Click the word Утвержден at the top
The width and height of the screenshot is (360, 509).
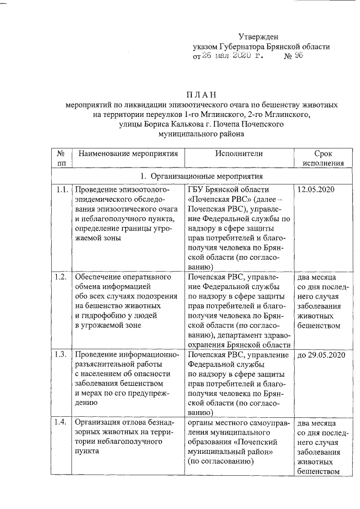tap(258, 37)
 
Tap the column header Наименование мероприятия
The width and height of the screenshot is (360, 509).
tap(128, 154)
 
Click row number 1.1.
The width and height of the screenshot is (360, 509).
tap(62, 190)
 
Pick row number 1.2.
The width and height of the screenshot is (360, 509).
tap(62, 277)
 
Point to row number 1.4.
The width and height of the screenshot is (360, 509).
tap(62, 422)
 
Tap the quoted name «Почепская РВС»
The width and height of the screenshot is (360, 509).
tap(217, 200)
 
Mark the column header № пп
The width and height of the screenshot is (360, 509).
tap(61, 159)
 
